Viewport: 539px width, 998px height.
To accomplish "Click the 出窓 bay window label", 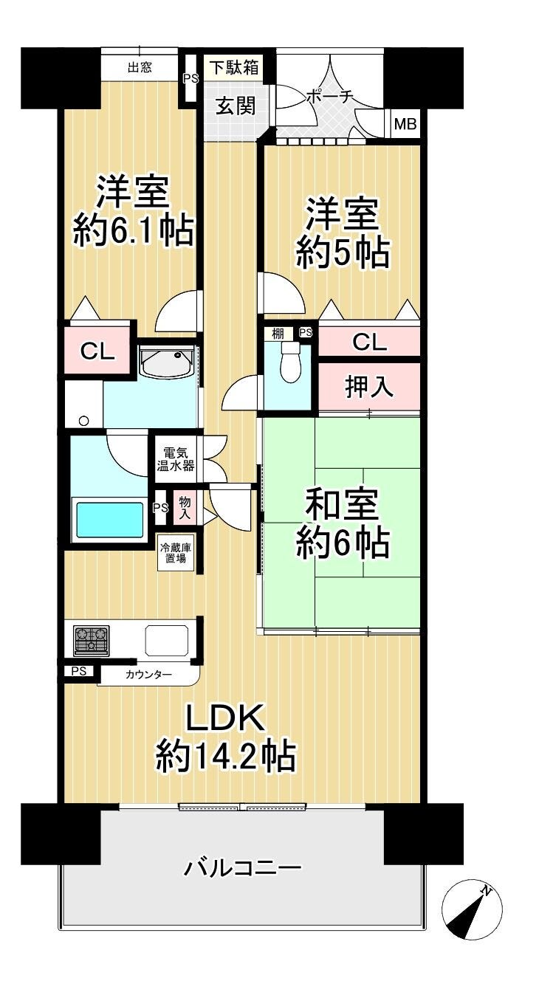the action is (140, 67).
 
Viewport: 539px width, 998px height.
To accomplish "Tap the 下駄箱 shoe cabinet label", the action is (234, 68).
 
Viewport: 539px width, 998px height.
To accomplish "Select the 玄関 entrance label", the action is (236, 106).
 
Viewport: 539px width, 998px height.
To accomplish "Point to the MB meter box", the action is (405, 123).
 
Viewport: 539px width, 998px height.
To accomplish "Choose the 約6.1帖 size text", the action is (134, 230).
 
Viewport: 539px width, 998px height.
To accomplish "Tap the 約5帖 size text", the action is (343, 252).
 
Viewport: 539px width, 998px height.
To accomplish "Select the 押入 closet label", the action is (369, 386).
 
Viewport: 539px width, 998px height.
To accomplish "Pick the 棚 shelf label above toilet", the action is (278, 333).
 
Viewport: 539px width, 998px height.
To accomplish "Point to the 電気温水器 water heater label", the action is (176, 459).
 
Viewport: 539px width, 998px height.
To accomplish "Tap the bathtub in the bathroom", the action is (110, 520).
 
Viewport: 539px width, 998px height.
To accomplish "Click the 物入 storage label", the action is (185, 508).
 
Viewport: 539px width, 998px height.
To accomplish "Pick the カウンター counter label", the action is (149, 675).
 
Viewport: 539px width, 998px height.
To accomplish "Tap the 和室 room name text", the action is (342, 505).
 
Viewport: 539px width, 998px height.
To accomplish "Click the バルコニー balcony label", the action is (243, 868).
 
